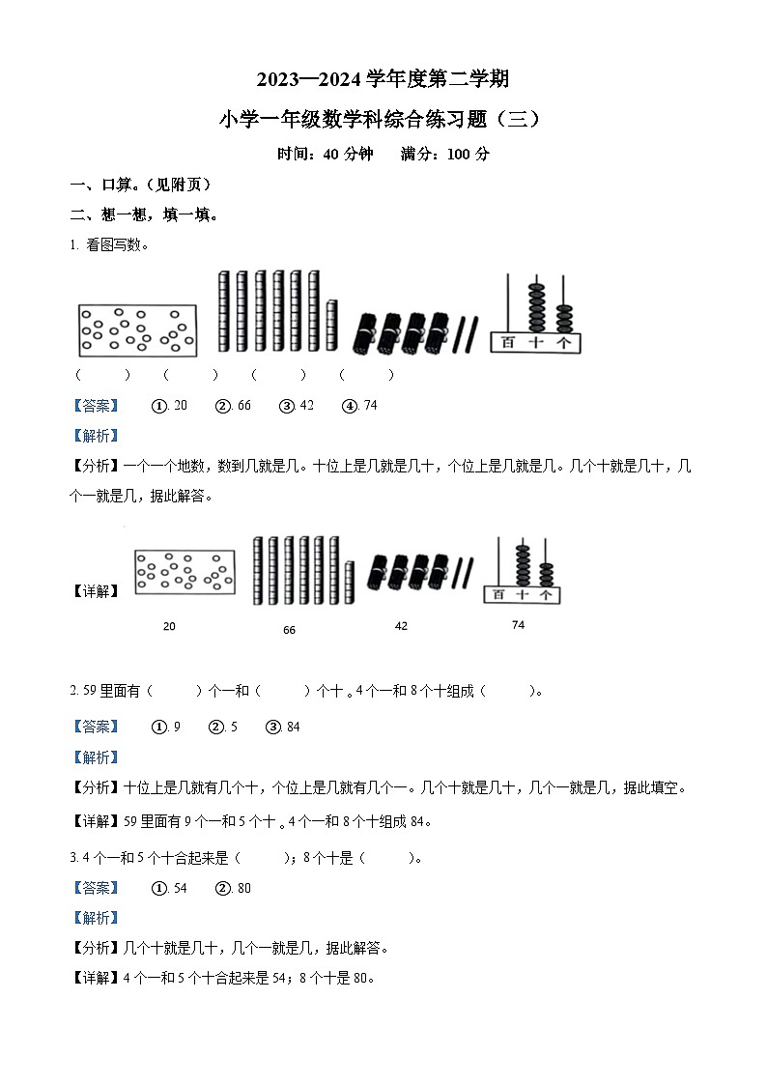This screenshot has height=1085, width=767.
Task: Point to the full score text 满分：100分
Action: pos(445,154)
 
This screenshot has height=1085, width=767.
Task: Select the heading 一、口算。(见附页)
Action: pos(140,185)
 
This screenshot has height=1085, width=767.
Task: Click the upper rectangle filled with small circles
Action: pos(137,329)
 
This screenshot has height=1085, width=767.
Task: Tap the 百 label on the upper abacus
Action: pos(508,342)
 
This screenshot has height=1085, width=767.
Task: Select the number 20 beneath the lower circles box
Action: pos(169,627)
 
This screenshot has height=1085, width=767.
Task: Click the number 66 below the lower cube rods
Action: pos(289,630)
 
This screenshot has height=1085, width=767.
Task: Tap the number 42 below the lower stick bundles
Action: pos(401,626)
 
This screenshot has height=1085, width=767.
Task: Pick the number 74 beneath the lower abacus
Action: pos(518,625)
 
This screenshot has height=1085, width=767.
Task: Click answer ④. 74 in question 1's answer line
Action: pos(359,406)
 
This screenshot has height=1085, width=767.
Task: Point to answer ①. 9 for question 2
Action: pos(166,727)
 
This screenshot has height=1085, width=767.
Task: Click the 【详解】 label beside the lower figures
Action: pos(97,591)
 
